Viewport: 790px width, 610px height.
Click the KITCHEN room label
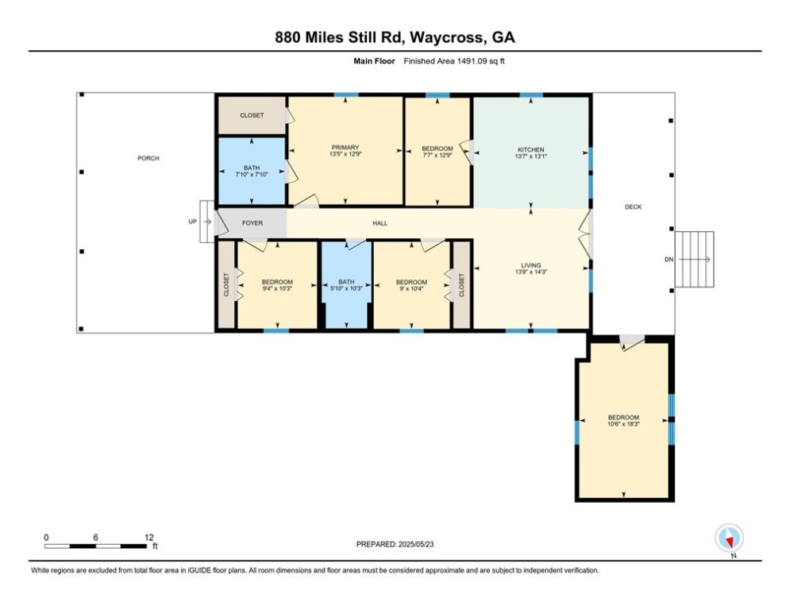coord(531,150)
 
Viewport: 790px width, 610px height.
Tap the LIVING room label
coord(531,265)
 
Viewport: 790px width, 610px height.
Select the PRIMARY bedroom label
coord(345,148)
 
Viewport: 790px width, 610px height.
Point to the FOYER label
coord(252,223)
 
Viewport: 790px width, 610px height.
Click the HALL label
coord(380,223)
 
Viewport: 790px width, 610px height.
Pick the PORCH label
coord(148,158)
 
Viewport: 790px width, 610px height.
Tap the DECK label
coord(634,207)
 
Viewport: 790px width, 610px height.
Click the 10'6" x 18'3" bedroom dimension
coord(624,424)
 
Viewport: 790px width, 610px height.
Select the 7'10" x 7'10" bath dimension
coord(252,175)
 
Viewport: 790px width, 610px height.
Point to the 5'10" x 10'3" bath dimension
coord(346,288)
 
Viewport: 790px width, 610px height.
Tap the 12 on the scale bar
coord(148,538)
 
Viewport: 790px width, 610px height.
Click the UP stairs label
coord(192,222)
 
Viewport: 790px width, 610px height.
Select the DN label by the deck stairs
coord(669,260)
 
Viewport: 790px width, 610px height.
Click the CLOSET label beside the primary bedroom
coord(252,115)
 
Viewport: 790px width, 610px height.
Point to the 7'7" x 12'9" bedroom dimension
coord(437,155)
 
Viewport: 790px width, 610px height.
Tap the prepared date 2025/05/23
coord(416,544)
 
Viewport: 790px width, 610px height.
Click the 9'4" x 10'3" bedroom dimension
coord(277,288)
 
